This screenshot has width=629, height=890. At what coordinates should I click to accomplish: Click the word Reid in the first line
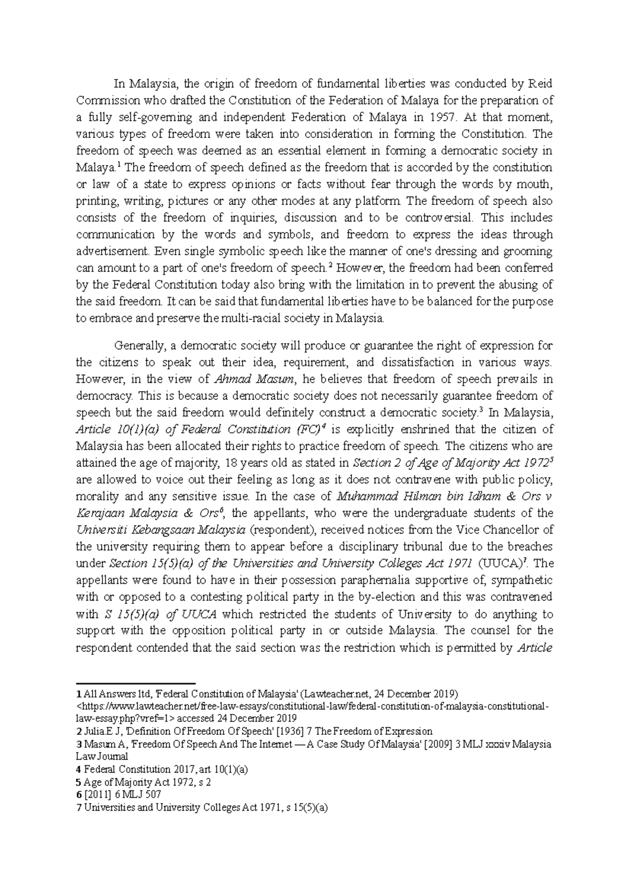coord(540,84)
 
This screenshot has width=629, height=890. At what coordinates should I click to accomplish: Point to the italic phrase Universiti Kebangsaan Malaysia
coord(160,530)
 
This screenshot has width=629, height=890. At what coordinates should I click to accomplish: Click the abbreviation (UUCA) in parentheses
coord(503,563)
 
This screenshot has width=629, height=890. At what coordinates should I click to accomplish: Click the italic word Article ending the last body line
coord(534,647)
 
